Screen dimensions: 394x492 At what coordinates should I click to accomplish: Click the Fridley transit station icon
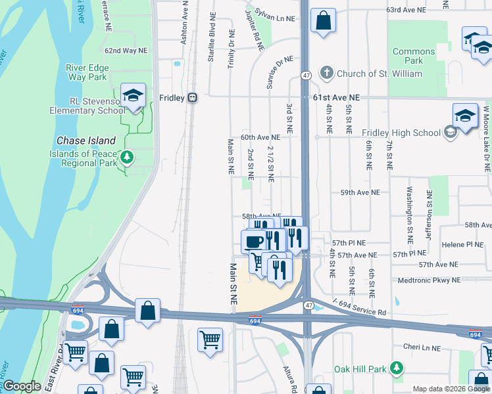[x=192, y=97]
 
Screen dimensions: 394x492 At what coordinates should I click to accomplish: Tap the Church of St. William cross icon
[x=326, y=74]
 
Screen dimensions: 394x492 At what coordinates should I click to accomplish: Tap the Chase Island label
[x=86, y=141]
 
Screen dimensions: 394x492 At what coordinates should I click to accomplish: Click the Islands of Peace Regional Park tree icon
[x=128, y=158]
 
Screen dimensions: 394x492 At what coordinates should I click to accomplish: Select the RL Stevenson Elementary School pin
[x=133, y=96]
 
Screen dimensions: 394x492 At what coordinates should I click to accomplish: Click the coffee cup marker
[x=254, y=242]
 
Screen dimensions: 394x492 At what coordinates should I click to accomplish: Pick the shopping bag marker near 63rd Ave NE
[x=323, y=20]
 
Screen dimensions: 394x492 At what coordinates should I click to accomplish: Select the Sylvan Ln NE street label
[x=273, y=14]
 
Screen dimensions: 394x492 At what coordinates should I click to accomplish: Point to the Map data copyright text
[x=451, y=389]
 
